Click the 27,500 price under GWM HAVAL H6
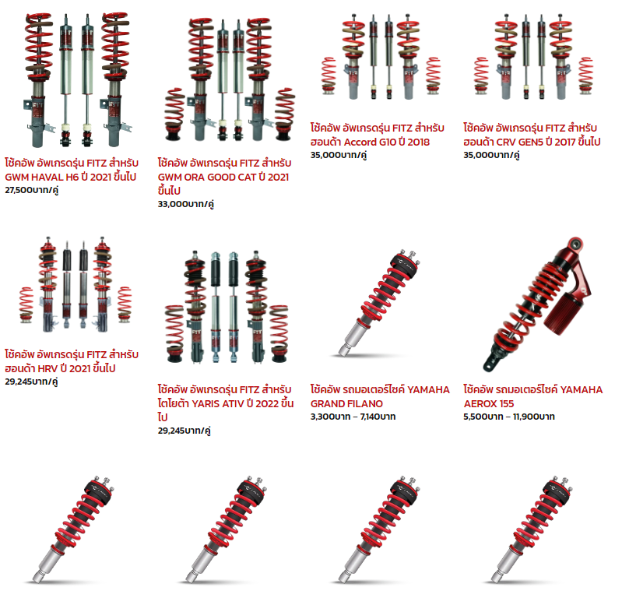tap(31, 190)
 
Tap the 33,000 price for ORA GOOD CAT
tap(185, 204)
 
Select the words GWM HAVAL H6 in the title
tap(42, 177)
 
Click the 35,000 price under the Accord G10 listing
tap(339, 155)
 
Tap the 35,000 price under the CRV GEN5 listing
tap(491, 155)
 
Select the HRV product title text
tap(72, 361)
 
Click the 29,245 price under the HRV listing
tap(31, 382)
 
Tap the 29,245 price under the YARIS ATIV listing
tap(184, 431)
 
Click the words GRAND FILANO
tap(346, 404)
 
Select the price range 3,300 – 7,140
tap(353, 417)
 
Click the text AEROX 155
tap(489, 404)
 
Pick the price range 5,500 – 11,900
tap(509, 417)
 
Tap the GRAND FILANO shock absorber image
tap(379, 304)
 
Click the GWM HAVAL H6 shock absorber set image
tap(78, 79)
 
